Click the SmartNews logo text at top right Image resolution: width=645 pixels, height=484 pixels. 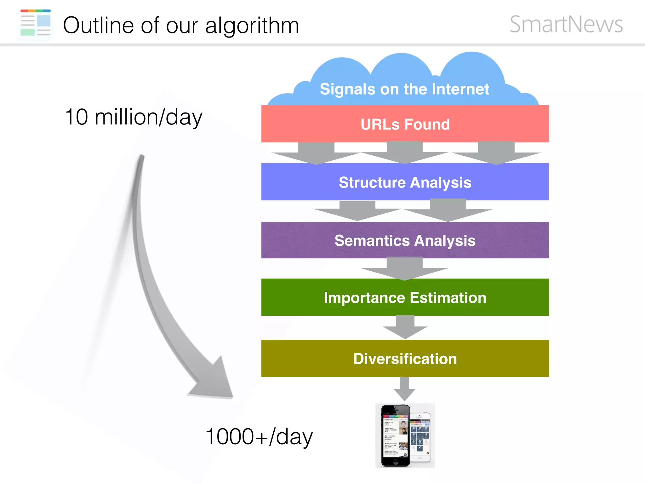point(566,24)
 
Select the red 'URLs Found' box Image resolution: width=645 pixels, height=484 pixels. point(405,124)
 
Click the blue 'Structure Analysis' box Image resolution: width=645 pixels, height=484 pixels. point(405,182)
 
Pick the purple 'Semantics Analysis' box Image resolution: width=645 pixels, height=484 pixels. point(405,240)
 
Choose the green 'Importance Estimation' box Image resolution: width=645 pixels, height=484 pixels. point(405,297)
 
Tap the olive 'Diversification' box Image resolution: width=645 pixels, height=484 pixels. point(405,359)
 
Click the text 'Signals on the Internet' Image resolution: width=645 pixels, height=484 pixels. point(404,89)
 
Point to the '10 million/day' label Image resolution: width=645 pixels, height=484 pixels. point(133,117)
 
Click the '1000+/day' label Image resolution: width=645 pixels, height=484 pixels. point(259,437)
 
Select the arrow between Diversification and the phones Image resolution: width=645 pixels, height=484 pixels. point(404,389)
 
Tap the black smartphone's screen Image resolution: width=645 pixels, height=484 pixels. point(395,436)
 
